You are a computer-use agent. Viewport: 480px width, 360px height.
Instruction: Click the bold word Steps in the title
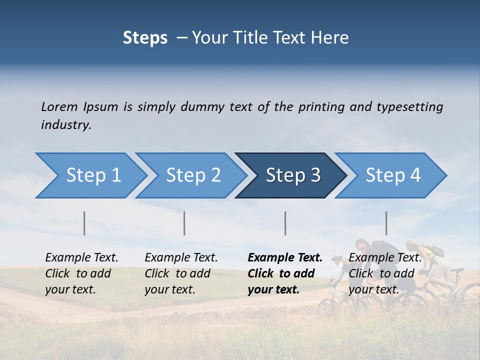pos(145,38)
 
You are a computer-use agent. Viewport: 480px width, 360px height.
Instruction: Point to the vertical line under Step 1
pos(84,223)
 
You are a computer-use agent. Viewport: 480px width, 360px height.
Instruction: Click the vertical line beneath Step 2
pos(184,223)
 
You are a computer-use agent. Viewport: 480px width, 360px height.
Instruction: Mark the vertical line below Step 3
pos(285,223)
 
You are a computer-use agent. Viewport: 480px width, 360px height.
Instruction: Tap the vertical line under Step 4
pos(386,223)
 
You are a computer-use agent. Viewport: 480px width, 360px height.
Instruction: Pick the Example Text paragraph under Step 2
pos(181,273)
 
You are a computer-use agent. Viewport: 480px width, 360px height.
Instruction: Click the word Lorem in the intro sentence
pos(59,106)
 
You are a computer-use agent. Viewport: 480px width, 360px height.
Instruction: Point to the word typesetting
pos(409,107)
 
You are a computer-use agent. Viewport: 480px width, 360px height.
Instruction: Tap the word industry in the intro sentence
pos(66,125)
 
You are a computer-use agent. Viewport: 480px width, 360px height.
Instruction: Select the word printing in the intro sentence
pos(321,107)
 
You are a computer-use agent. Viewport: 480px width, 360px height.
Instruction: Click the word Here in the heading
pos(332,38)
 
